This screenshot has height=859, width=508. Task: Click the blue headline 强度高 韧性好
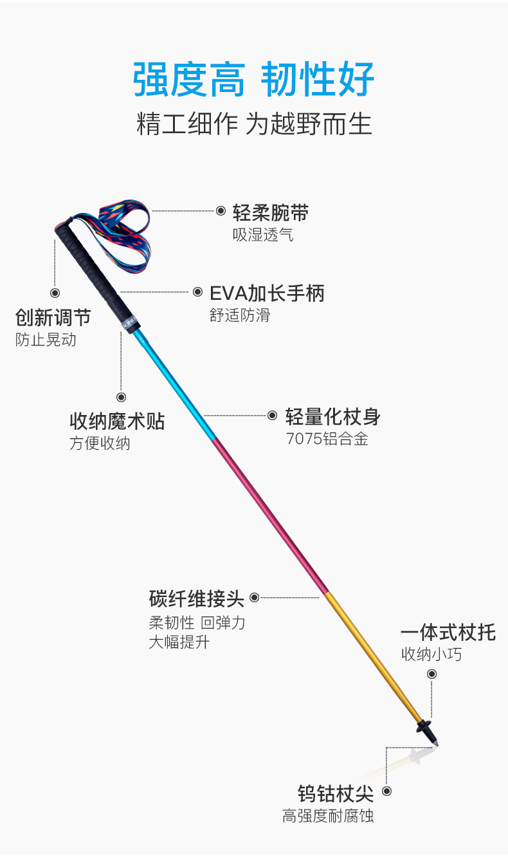click(x=253, y=80)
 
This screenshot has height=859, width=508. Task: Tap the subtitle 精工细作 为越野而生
click(x=254, y=124)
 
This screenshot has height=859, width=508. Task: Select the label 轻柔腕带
click(x=271, y=212)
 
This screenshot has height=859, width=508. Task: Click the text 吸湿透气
click(x=263, y=235)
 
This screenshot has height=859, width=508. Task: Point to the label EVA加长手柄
click(x=267, y=293)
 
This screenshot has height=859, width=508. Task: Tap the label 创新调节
click(x=53, y=317)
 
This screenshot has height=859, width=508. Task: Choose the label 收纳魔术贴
click(x=117, y=421)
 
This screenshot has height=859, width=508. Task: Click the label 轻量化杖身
click(x=333, y=417)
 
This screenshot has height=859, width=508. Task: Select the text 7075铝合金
click(x=327, y=439)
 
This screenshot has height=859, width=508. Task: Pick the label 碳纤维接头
click(x=197, y=599)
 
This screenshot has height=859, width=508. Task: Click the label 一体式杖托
click(x=448, y=633)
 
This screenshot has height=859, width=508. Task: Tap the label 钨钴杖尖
click(x=336, y=793)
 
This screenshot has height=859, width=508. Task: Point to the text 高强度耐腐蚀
click(x=328, y=817)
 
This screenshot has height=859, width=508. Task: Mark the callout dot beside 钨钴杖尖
click(x=387, y=791)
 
